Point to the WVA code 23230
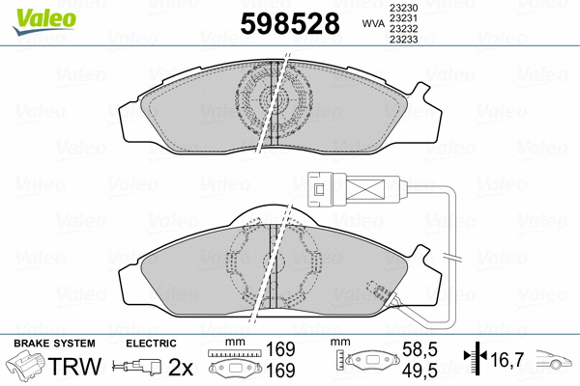click(403, 7)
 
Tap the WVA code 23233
click(403, 41)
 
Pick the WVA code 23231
click(403, 18)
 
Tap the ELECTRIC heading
click(151, 344)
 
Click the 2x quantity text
click(181, 366)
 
